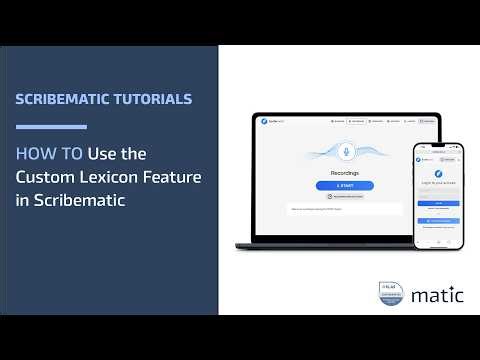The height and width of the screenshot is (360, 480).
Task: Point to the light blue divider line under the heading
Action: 51,127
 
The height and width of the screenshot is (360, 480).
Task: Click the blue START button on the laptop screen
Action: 344,186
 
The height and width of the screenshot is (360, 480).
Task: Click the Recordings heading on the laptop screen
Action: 344,172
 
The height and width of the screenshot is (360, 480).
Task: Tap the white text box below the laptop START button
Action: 344,209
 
